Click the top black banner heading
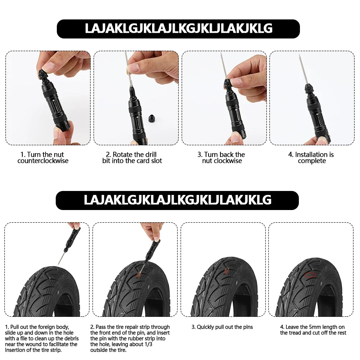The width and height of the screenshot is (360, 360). (178, 29)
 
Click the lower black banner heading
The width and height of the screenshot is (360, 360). (177, 200)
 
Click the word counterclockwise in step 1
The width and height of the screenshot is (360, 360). (43, 161)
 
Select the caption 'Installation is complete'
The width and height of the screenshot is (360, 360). (311, 158)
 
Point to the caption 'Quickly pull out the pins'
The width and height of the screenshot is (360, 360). (222, 327)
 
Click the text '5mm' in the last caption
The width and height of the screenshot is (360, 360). (313, 327)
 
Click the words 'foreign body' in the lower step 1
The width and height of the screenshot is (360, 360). (54, 327)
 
